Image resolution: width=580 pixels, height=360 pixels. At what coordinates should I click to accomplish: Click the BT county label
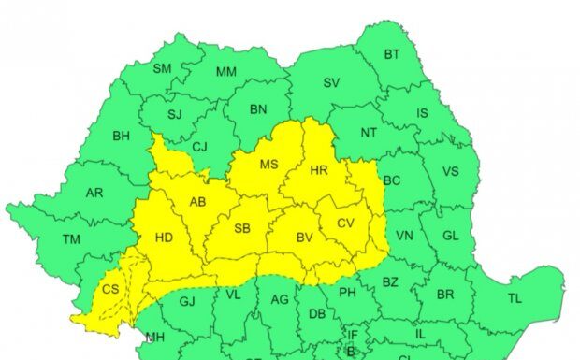tap(392, 54)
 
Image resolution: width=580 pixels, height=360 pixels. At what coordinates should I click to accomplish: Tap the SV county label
tap(331, 82)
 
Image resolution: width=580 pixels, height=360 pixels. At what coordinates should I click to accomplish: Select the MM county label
tap(225, 72)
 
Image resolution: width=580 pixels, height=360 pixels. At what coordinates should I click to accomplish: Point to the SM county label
tap(162, 68)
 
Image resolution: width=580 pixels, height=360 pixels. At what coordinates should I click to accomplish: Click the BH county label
tap(121, 137)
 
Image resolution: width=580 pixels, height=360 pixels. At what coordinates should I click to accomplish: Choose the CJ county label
tap(199, 146)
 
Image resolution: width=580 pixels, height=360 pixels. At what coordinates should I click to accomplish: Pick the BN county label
tap(258, 109)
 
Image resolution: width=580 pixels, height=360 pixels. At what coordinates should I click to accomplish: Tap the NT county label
tap(369, 133)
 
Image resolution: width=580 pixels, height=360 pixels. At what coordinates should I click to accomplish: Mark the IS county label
tap(422, 114)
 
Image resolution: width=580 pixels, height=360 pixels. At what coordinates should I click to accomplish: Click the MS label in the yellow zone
tap(269, 166)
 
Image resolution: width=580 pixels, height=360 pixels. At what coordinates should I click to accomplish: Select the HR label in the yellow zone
tap(318, 170)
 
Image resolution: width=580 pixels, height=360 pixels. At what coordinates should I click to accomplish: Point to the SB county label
tap(242, 228)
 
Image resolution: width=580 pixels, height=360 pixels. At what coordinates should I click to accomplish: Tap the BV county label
tap(304, 238)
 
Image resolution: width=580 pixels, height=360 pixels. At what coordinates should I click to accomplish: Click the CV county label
tap(345, 223)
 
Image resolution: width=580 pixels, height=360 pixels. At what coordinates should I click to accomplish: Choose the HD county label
tap(164, 238)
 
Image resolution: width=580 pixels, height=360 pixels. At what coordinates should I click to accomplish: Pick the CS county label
tap(110, 289)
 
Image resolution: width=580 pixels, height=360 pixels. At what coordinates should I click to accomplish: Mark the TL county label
tap(515, 298)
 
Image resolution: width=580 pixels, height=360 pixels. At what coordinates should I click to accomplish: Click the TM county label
tap(71, 240)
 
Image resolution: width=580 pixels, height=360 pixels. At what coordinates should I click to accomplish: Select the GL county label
tap(450, 237)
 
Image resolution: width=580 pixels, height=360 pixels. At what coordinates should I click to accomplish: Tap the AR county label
tap(94, 194)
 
